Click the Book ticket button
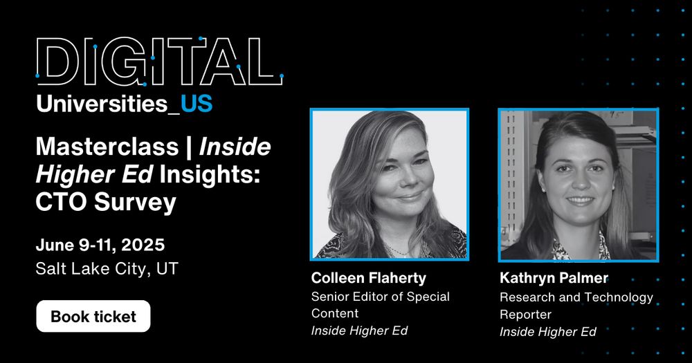point(93,316)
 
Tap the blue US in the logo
point(197,104)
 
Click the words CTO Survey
point(106,203)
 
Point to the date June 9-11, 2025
point(100,245)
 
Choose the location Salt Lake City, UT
point(107,268)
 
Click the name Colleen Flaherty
point(369,278)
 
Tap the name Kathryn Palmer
point(554,278)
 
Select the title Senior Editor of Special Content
point(381,305)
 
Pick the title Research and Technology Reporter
point(576,306)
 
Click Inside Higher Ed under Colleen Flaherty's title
point(359,331)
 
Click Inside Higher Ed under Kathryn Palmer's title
point(547,332)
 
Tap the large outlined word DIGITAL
point(159,62)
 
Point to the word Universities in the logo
point(102,104)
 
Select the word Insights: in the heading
point(210,175)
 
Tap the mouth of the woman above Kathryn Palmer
point(580,200)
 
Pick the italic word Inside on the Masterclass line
point(235,147)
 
